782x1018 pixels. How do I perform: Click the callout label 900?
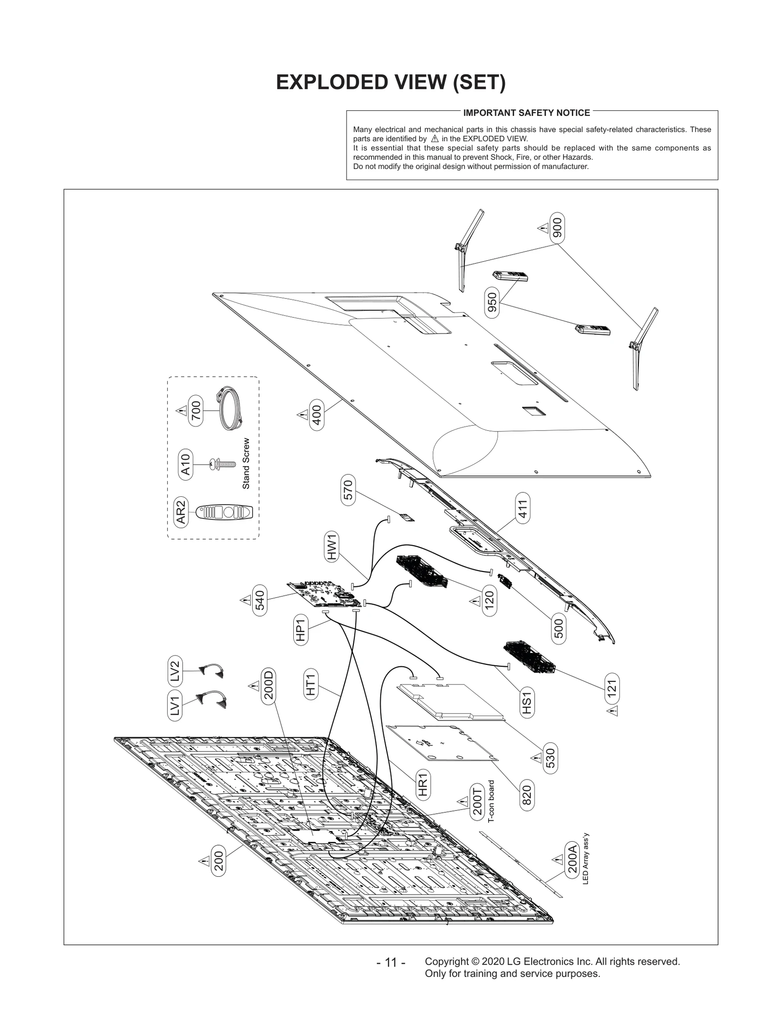pos(557,227)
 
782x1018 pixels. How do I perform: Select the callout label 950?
pos(492,302)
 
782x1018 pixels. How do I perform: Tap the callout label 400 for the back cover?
pos(316,415)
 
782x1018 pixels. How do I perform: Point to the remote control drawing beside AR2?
pos(225,512)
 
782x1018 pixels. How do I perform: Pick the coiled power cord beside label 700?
pos(230,408)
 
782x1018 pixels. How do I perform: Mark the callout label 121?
pos(612,689)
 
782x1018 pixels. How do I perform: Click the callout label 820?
pos(526,796)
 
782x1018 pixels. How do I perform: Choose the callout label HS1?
pos(526,703)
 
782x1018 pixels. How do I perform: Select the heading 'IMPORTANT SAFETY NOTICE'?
pos(526,113)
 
